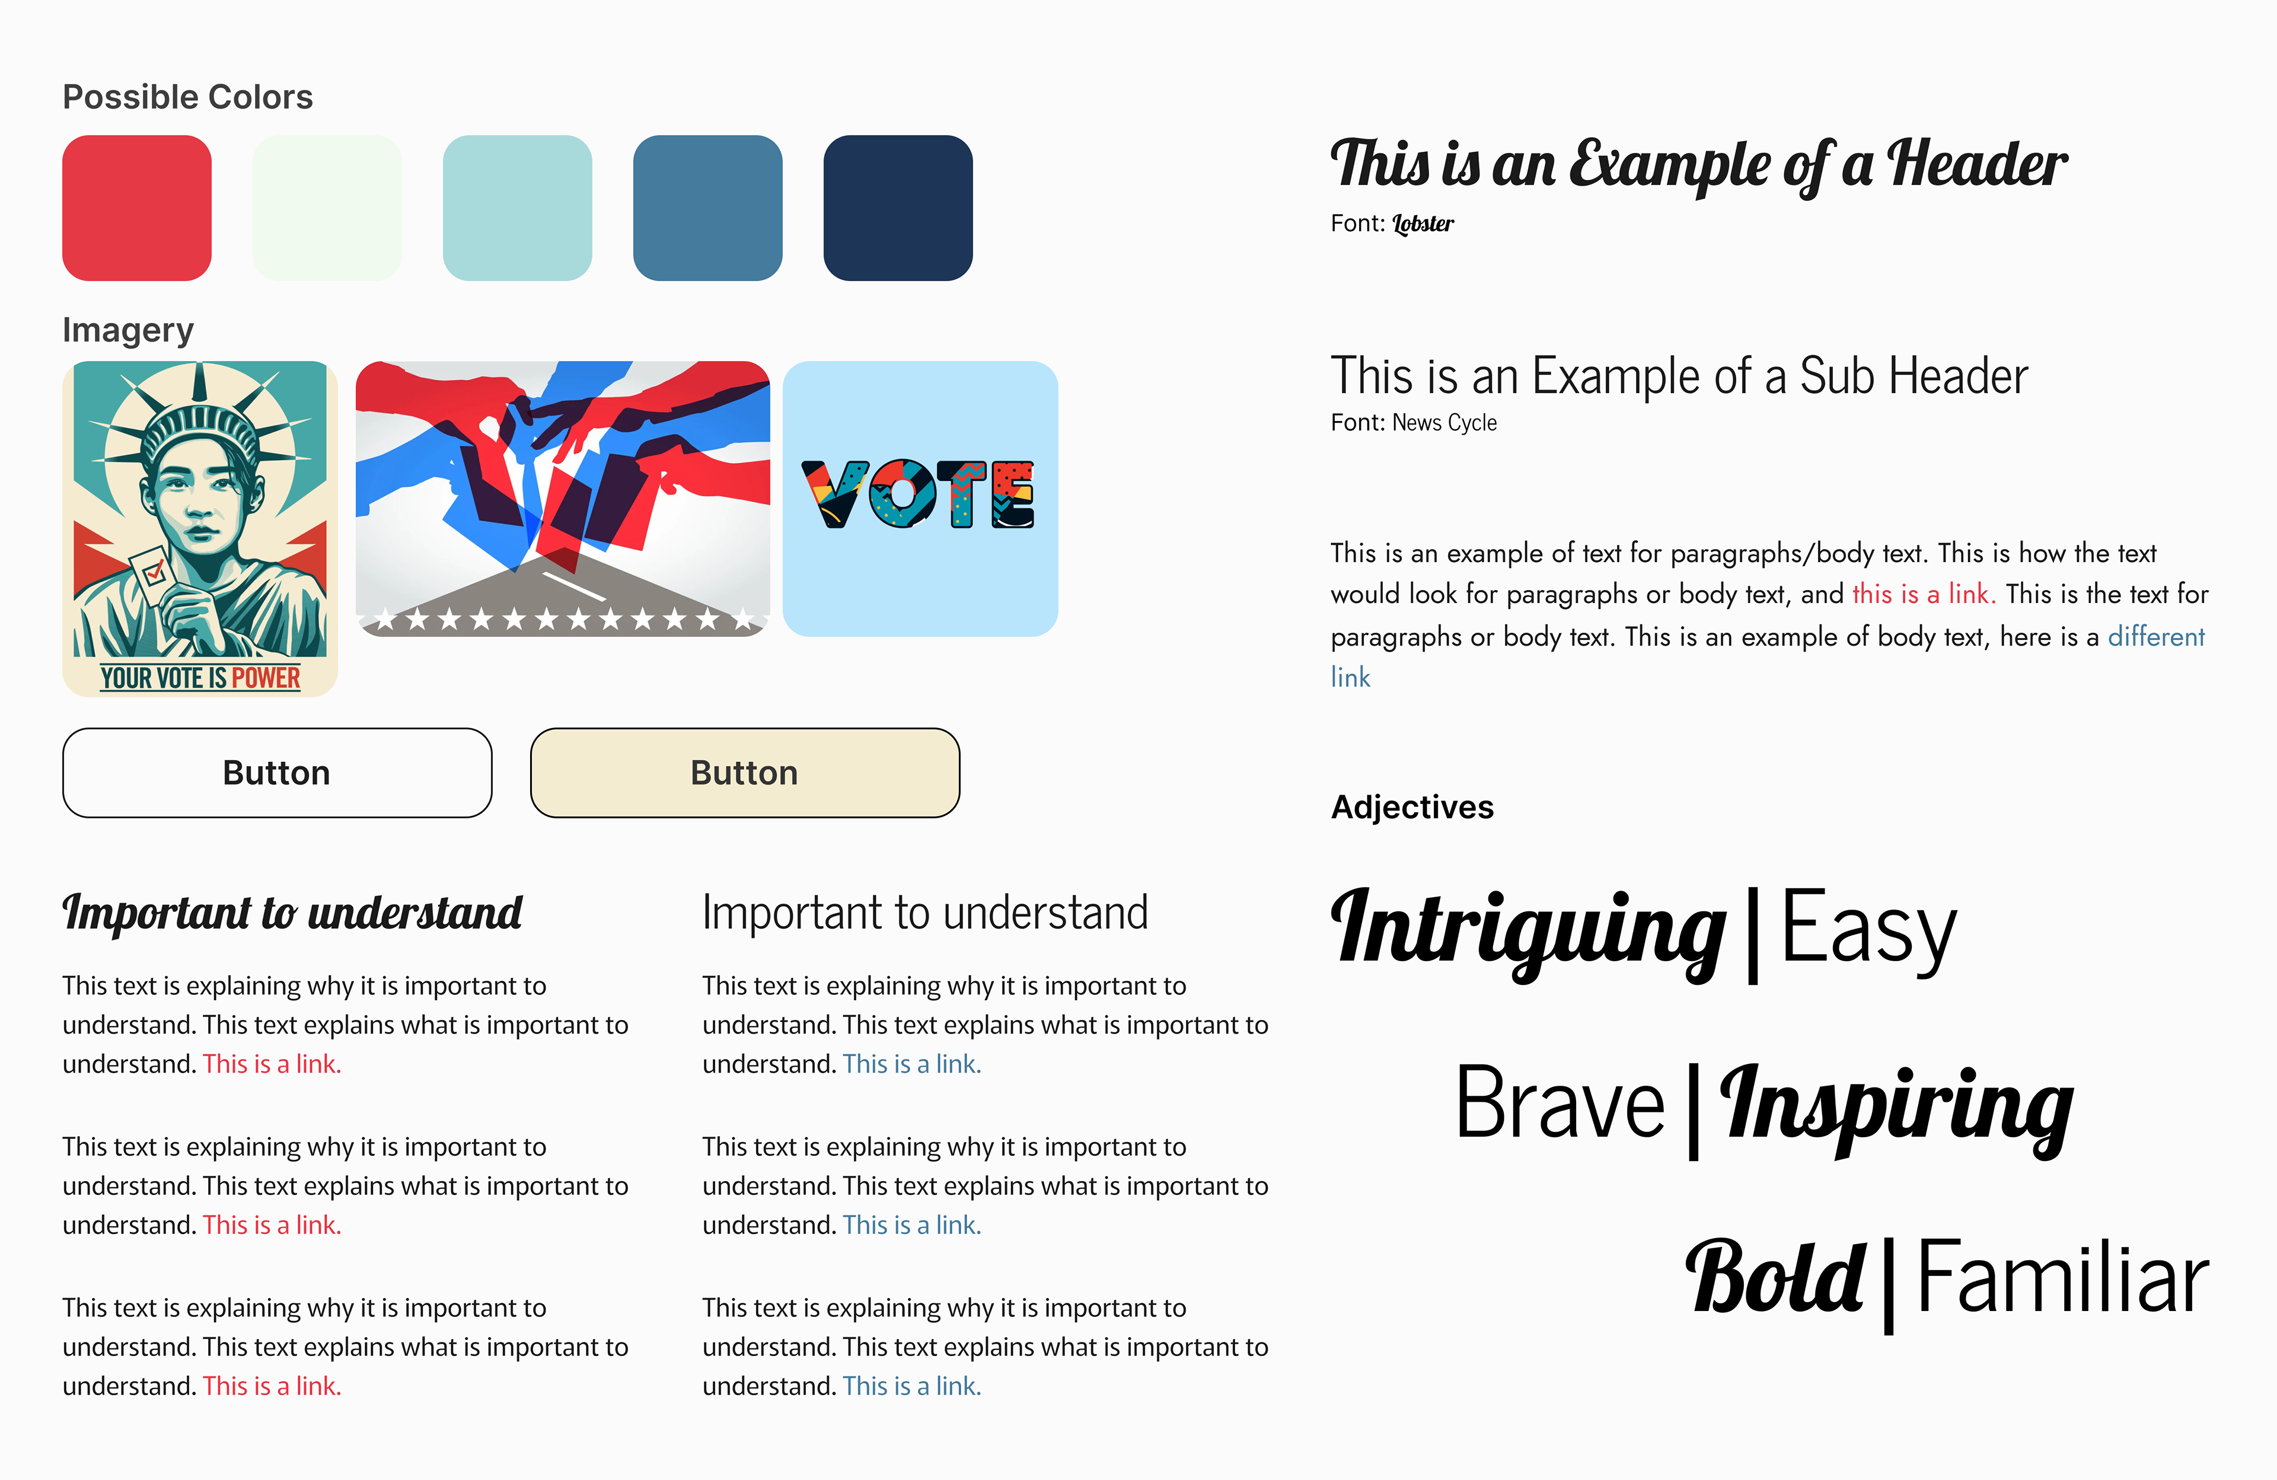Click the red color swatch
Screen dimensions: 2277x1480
click(x=137, y=208)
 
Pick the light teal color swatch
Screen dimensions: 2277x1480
click(x=518, y=208)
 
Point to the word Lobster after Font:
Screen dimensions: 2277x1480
click(x=1423, y=224)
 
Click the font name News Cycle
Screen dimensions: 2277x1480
click(x=1444, y=423)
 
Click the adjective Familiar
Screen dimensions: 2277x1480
click(x=2064, y=1277)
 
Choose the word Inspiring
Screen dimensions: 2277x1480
click(x=1896, y=1108)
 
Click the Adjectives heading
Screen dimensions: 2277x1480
click(x=1412, y=808)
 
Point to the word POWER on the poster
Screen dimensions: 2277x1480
click(x=266, y=678)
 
